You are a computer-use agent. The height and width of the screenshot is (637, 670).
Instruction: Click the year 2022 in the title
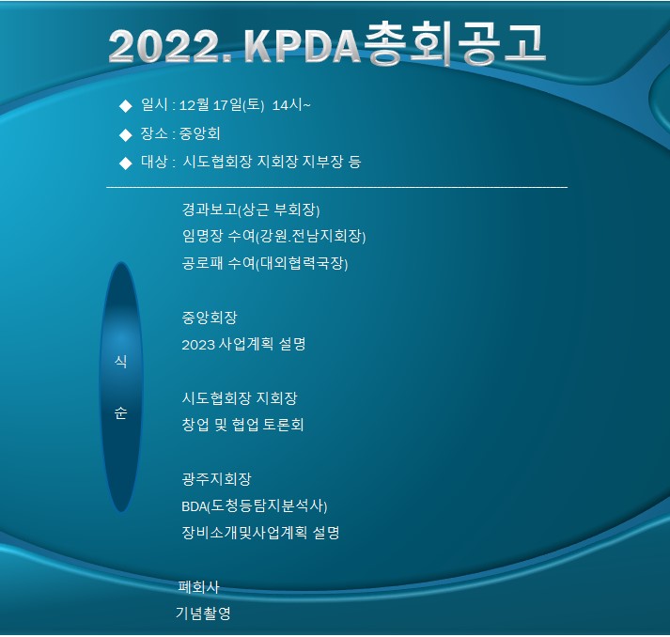170,47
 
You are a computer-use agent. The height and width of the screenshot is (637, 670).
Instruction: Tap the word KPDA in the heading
303,46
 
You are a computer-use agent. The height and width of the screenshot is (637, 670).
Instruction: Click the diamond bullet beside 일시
126,106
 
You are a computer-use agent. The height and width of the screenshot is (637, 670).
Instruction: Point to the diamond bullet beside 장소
126,134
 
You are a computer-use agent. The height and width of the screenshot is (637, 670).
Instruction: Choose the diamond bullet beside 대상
126,163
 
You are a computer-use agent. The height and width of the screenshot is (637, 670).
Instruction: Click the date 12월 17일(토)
222,104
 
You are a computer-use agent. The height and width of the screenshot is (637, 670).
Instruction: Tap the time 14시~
291,104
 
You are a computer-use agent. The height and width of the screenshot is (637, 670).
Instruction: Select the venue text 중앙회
199,133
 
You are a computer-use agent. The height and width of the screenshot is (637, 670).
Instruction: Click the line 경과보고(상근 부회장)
251,210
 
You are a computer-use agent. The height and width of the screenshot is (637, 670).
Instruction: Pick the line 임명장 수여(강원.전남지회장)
273,236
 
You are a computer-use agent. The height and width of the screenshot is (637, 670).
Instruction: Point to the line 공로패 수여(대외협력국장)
265,263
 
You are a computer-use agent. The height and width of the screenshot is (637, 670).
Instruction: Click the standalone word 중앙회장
210,317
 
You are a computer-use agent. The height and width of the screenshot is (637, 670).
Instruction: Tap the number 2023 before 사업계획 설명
198,345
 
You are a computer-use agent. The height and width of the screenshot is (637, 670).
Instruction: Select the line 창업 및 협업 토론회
242,425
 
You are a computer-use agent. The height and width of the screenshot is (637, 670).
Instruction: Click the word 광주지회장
217,478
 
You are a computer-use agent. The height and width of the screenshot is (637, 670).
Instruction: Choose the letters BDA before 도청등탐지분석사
194,506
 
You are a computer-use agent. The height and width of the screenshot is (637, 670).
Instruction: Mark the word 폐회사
198,586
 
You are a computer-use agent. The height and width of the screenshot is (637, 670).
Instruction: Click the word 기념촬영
203,614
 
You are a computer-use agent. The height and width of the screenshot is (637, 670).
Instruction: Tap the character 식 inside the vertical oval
121,362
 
